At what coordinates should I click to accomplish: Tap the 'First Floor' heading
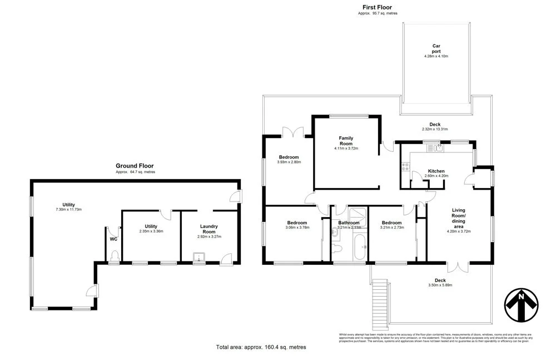pos(378,7)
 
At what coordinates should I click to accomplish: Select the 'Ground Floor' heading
pos(135,166)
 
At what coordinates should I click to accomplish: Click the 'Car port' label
pos(436,49)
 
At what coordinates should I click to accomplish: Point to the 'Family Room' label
pos(346,141)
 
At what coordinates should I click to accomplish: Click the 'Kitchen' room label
pos(436,171)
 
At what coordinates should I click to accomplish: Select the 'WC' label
pos(113,239)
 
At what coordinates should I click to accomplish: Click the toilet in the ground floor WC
pos(115,255)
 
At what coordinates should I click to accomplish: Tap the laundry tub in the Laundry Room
pos(197,257)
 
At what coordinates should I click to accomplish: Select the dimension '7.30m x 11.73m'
pos(69,209)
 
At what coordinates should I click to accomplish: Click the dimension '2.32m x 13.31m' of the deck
pos(435,130)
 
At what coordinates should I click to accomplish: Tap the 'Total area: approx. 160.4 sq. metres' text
pos(261,347)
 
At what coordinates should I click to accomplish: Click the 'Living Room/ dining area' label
pos(459,221)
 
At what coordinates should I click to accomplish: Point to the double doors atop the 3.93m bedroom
pos(294,132)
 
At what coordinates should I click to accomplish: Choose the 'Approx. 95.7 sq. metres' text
pos(378,13)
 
